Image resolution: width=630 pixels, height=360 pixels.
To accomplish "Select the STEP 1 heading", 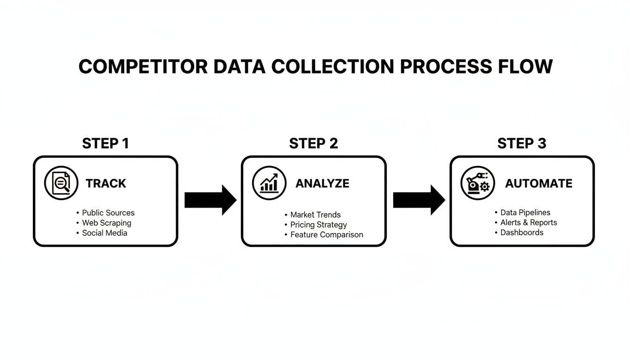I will point(105,143).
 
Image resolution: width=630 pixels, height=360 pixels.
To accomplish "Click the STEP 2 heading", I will point(313,143).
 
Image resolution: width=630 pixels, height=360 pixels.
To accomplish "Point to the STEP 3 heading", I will point(521,143).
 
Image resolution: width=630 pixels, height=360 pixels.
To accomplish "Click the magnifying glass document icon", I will point(61,183).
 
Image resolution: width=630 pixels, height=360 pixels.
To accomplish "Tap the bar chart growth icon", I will point(269,183).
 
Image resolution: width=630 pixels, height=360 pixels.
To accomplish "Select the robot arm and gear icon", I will point(477,183).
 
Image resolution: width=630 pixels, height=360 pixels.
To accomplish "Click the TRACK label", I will point(106,183).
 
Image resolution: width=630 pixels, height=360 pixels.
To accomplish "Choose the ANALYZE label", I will point(322,183).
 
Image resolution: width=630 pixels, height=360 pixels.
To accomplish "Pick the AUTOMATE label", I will point(539,183).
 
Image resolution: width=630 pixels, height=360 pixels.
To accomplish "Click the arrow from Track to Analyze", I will point(210,200).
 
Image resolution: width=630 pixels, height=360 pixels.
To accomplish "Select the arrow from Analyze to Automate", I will point(419,200).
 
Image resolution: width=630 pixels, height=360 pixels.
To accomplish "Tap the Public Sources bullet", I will point(108,213).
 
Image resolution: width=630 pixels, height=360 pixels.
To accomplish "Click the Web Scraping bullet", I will point(106,223).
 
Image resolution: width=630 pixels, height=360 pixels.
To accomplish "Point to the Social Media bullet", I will point(105,233).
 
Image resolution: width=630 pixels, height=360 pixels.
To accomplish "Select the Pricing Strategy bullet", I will point(318,225).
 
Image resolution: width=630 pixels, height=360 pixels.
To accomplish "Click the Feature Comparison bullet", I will point(326,235).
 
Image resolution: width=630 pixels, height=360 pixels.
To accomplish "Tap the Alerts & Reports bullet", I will point(528,223).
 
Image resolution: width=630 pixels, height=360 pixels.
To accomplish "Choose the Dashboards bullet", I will point(522,232).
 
